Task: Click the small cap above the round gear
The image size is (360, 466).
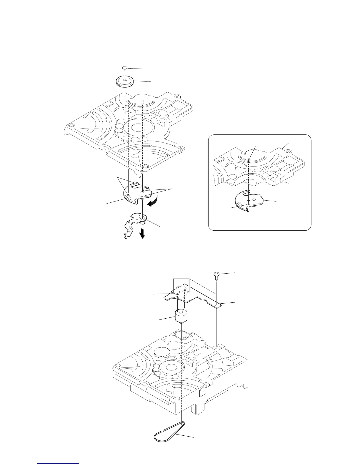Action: point(125,68)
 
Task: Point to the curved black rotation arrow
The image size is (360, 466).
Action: point(153,203)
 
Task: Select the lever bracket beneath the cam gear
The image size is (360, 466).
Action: point(134,224)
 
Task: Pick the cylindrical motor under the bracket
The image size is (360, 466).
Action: point(181,316)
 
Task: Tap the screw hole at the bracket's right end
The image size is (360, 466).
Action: point(216,306)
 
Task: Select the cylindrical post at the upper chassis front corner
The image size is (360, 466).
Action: point(145,167)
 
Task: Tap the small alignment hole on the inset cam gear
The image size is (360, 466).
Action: point(249,203)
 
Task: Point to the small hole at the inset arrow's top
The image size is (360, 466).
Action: point(249,159)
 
